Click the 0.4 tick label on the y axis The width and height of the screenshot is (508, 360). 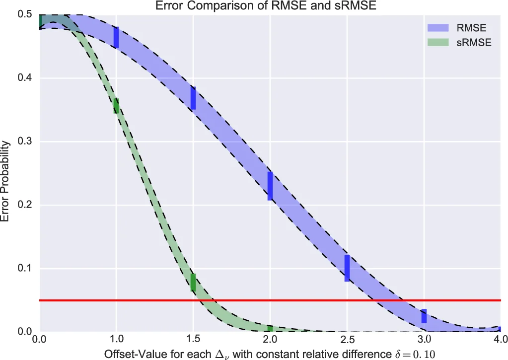25,78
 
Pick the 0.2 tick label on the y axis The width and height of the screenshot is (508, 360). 25,205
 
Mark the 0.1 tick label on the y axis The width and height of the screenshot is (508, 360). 25,269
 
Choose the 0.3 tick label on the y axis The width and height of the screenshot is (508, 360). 25,142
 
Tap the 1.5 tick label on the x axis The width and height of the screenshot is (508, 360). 193,339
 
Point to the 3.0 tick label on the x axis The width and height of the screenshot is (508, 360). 424,339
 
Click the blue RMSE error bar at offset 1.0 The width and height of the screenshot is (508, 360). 116,37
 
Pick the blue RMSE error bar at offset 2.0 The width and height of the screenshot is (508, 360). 270,186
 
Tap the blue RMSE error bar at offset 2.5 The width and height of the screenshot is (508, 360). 347,268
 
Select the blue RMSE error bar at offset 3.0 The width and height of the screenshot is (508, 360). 424,316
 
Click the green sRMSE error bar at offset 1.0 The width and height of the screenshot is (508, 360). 116,105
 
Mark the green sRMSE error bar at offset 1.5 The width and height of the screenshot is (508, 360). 193,282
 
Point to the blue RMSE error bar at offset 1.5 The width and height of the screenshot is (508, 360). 193,98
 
